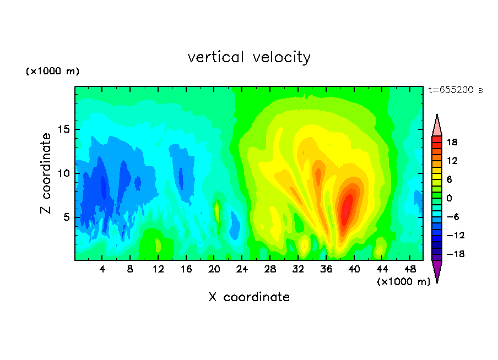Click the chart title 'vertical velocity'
[249, 57]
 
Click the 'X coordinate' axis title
[249, 297]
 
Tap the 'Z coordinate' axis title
[46, 173]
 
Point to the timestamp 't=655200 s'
[456, 90]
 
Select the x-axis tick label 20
[214, 269]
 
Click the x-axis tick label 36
[326, 269]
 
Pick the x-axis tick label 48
[410, 269]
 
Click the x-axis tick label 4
[102, 269]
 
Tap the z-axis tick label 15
[63, 129]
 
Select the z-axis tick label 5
[66, 217]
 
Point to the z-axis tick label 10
[63, 173]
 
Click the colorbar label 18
[452, 142]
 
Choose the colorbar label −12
[456, 235]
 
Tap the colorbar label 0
[449, 198]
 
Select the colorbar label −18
[456, 254]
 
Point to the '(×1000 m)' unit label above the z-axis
[52, 71]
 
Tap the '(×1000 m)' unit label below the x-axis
[403, 282]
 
